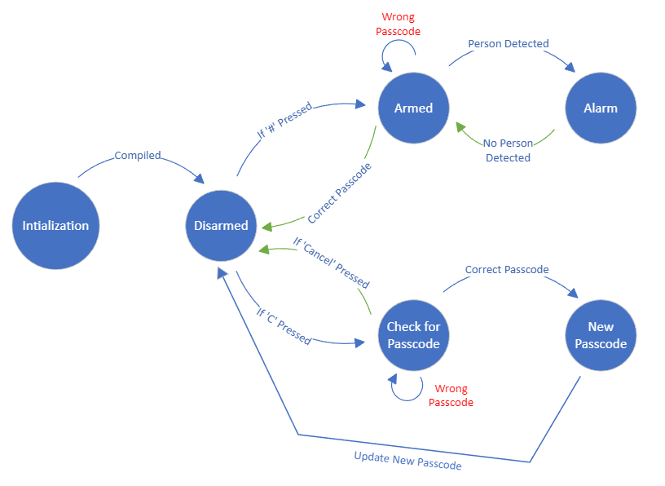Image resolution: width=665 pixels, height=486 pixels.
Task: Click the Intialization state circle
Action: (55, 226)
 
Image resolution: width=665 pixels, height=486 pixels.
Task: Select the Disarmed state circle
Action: (222, 226)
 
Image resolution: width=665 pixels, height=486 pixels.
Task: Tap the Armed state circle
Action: (413, 108)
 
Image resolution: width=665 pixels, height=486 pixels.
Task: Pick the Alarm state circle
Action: (601, 108)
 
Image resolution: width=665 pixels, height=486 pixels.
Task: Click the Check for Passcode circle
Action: (413, 335)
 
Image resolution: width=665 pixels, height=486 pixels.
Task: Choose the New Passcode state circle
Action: (601, 335)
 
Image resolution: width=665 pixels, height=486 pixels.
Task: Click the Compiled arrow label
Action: (138, 155)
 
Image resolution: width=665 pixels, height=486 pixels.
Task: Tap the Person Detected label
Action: (509, 43)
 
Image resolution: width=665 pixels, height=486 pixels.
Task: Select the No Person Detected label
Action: (508, 151)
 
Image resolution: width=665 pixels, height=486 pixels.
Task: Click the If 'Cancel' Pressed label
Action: (331, 263)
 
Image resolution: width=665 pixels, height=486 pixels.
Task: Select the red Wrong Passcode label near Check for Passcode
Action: (451, 395)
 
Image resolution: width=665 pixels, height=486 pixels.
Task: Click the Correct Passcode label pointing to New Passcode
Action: (507, 269)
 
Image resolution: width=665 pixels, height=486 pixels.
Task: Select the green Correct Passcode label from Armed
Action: (340, 193)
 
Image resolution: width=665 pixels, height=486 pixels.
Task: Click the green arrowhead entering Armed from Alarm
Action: (459, 127)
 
